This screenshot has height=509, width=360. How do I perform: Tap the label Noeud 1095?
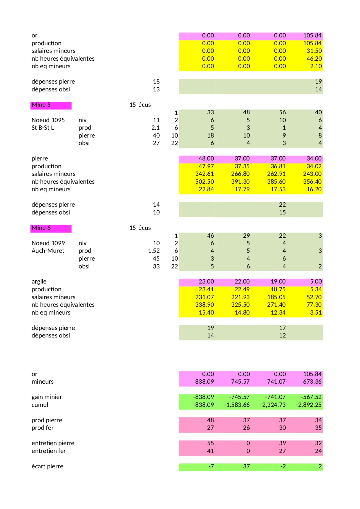pyautogui.click(x=48, y=120)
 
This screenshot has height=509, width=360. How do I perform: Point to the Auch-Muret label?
pyautogui.click(x=48, y=251)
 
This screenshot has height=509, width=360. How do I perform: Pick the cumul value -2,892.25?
pyautogui.click(x=309, y=405)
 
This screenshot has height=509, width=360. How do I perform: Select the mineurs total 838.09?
pyautogui.click(x=205, y=382)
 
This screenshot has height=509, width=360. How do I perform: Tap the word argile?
pyautogui.click(x=39, y=281)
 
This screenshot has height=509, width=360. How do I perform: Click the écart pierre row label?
pyautogui.click(x=47, y=466)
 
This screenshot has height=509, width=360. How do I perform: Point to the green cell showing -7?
pyautogui.click(x=211, y=466)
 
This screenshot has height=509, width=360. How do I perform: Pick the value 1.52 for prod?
pyautogui.click(x=154, y=251)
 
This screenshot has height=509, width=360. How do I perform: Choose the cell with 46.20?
pyautogui.click(x=314, y=59)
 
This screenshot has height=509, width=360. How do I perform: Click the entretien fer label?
pyautogui.click(x=49, y=451)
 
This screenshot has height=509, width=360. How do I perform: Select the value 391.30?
pyautogui.click(x=240, y=182)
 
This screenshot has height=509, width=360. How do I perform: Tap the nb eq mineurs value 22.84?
pyautogui.click(x=206, y=189)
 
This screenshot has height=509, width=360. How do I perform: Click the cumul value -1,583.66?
pyautogui.click(x=237, y=405)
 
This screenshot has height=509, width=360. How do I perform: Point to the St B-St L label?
pyautogui.click(x=43, y=128)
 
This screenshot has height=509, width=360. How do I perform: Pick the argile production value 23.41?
pyautogui.click(x=206, y=289)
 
